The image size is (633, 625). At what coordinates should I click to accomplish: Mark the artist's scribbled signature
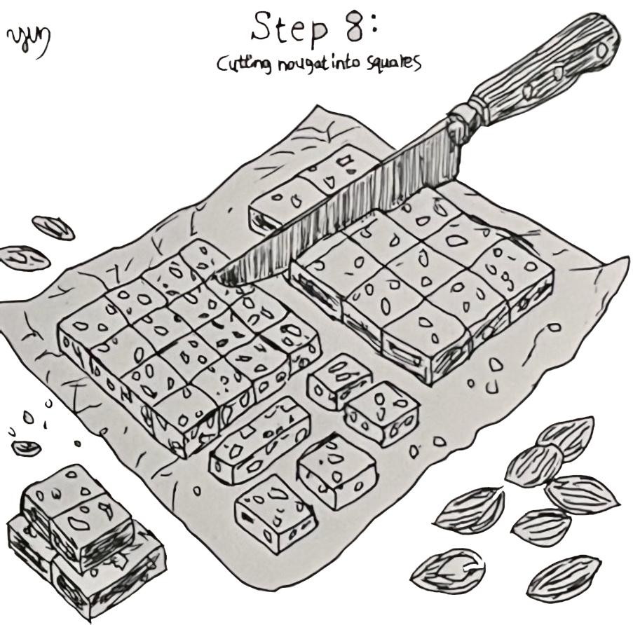tap(29, 43)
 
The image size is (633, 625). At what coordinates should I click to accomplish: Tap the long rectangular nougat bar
tap(261, 439)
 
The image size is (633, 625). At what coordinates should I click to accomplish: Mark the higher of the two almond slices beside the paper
tap(53, 227)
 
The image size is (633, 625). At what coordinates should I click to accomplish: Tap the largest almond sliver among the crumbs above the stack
tap(26, 447)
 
